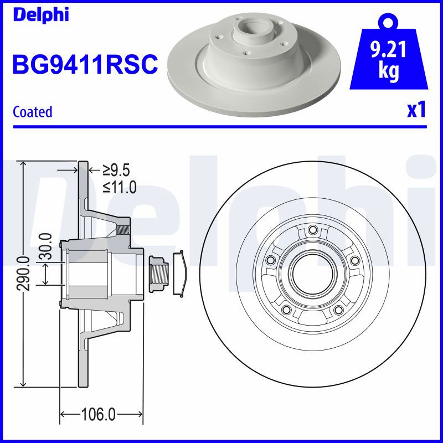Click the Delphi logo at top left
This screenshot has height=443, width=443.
(x=41, y=15)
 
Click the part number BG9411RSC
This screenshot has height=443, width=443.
(x=85, y=64)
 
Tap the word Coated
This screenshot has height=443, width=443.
(x=33, y=112)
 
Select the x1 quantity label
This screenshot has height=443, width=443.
(x=416, y=110)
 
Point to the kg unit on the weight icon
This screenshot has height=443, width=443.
(x=389, y=71)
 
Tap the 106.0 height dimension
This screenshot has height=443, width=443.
(x=99, y=414)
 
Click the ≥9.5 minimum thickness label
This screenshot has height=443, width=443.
(x=116, y=171)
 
